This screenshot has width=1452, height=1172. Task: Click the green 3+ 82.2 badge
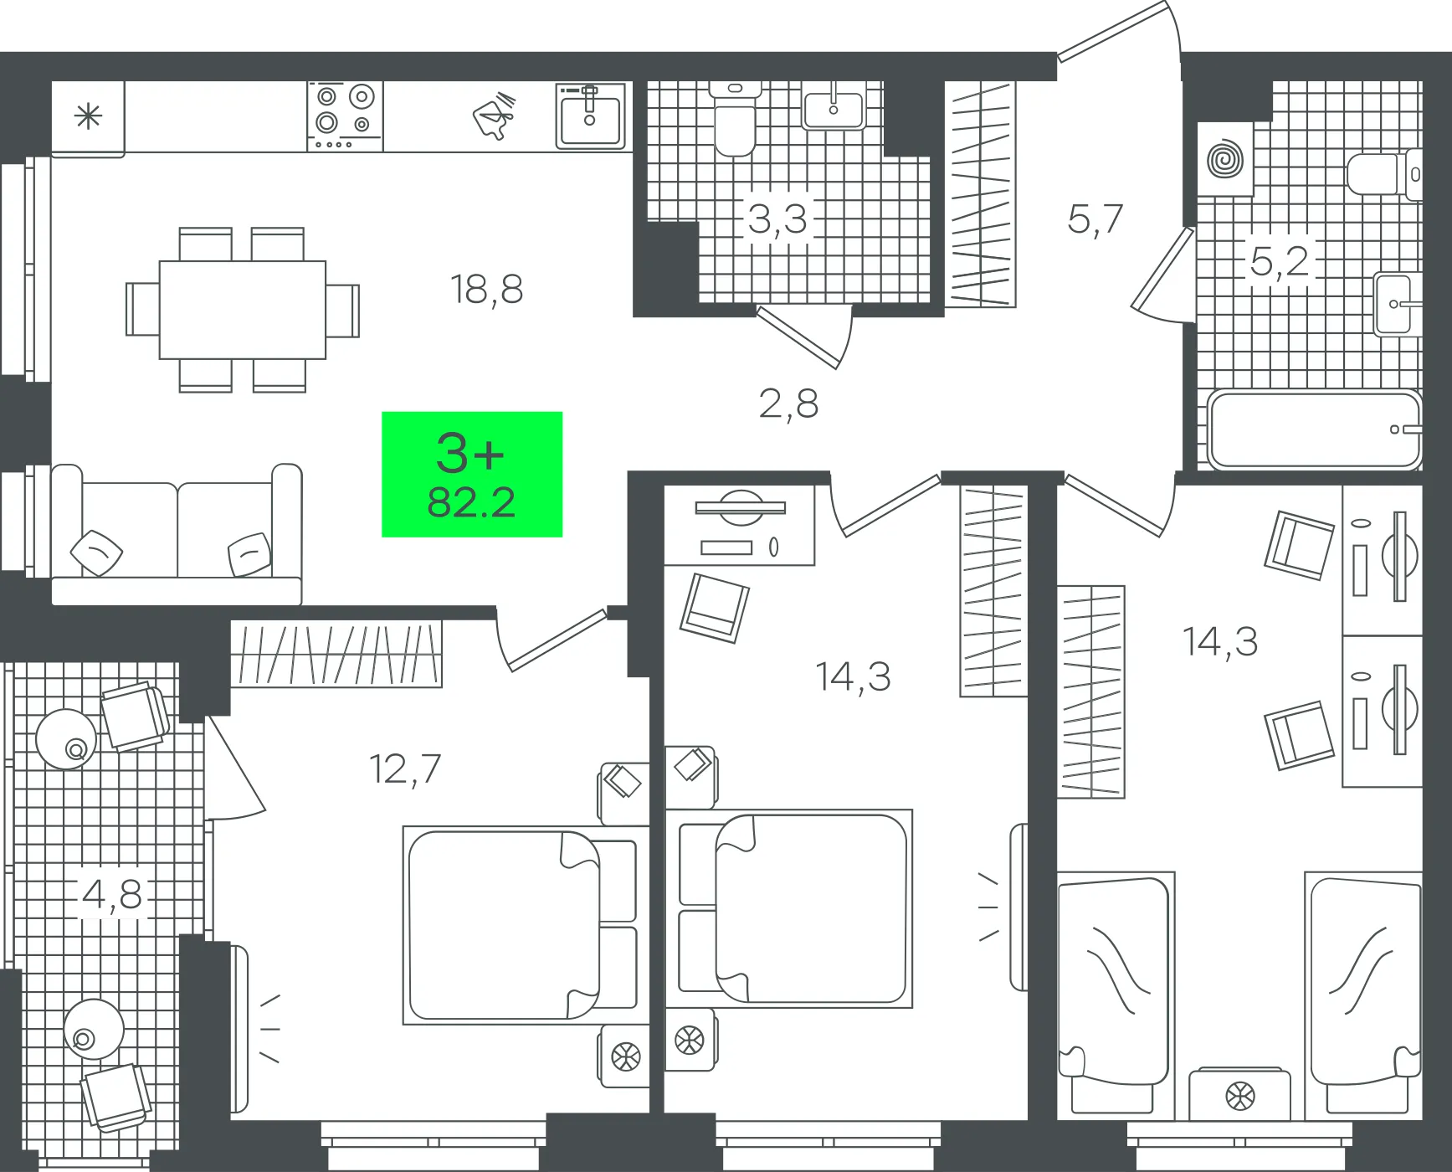[472, 474]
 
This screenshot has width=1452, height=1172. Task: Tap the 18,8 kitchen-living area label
[486, 290]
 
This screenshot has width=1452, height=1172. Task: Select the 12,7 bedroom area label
[405, 769]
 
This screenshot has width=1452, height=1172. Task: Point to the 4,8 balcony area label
[112, 895]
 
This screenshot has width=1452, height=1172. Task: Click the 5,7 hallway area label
[1095, 219]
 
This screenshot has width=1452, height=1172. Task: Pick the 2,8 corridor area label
[788, 404]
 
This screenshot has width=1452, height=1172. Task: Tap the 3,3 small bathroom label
[777, 219]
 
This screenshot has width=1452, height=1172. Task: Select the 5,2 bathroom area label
[1279, 261]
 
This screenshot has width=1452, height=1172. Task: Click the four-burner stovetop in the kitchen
[345, 116]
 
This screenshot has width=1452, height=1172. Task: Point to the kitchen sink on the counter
[591, 116]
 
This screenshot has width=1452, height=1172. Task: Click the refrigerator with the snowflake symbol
[88, 118]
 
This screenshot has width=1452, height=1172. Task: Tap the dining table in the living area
[243, 310]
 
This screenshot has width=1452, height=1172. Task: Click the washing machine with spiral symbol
[1225, 159]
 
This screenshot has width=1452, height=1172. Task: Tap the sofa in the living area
[176, 534]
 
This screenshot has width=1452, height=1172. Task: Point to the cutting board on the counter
[495, 116]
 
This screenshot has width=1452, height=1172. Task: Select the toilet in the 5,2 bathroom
[1384, 174]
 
